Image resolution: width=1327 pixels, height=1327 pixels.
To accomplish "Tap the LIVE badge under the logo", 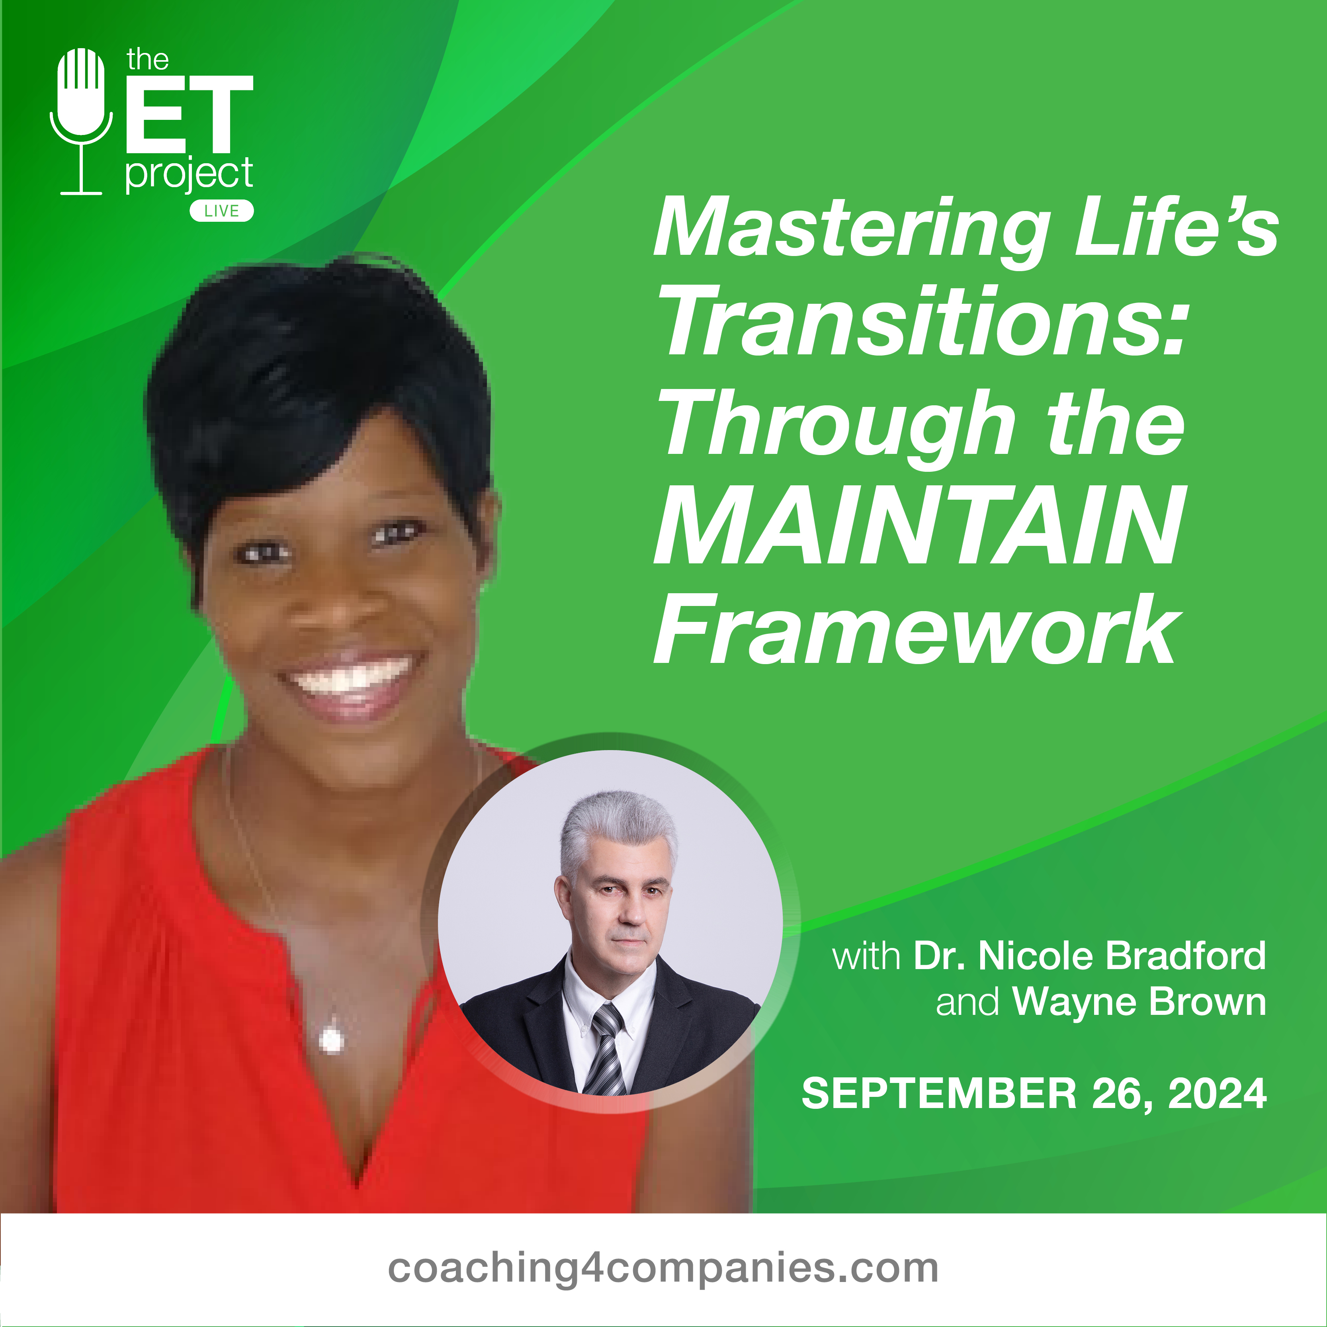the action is (221, 211).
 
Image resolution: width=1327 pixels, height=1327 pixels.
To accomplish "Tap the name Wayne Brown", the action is (1139, 1003).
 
